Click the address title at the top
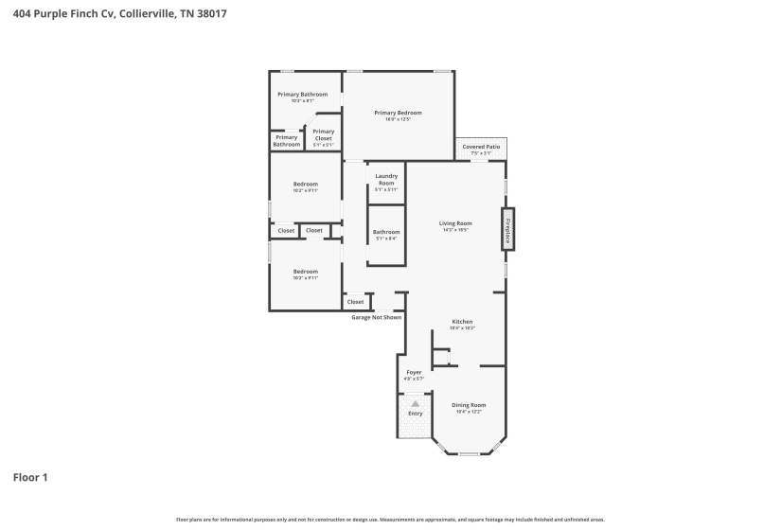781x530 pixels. coord(118,14)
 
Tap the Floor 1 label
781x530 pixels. coord(30,477)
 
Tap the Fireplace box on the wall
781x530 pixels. coord(507,229)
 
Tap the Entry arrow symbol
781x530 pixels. coord(415,402)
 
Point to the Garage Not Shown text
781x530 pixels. coord(377,317)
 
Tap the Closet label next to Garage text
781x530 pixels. coord(355,302)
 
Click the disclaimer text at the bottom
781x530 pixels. coord(390,519)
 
